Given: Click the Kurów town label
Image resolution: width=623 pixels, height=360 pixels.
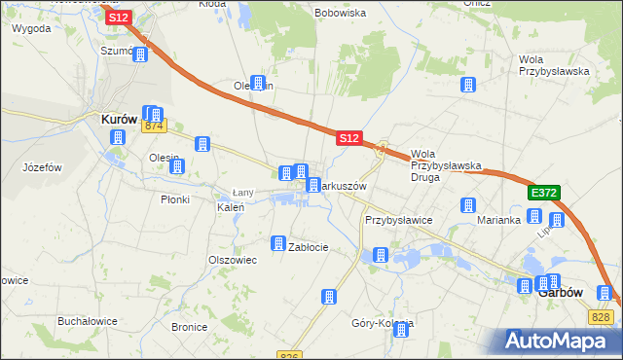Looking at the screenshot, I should [124, 120].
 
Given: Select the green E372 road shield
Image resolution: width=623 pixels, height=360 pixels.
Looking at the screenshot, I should [543, 194].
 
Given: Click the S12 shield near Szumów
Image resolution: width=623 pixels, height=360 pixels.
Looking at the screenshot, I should [119, 18].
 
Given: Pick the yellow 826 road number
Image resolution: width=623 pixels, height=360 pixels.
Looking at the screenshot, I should [288, 355].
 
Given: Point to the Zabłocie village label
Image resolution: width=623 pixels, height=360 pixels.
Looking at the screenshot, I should [309, 247].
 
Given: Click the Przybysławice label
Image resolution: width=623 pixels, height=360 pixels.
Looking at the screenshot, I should [398, 221].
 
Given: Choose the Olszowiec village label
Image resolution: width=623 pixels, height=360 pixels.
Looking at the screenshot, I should [232, 260].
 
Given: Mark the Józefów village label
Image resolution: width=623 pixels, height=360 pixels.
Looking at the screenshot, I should [42, 167].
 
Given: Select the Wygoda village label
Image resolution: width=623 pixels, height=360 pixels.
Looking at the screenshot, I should [31, 29].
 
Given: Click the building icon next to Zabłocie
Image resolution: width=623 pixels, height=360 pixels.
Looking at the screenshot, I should [278, 242].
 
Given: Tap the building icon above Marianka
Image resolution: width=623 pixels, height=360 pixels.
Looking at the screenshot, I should [468, 205].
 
